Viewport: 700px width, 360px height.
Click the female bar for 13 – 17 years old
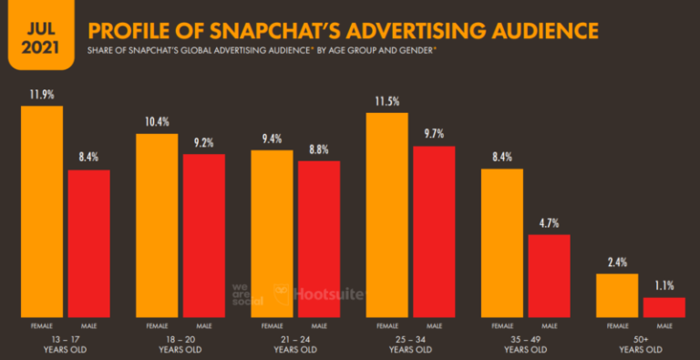click(42, 211)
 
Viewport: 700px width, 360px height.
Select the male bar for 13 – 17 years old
click(88, 242)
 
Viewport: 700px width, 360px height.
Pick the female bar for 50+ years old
click(617, 294)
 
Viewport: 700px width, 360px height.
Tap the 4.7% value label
click(549, 221)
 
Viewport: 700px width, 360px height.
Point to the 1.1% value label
click(664, 283)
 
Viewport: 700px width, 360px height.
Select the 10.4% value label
click(157, 120)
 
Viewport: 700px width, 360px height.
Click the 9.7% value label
click(434, 132)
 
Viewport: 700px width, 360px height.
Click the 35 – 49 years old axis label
click(526, 343)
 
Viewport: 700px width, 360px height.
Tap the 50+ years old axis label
click(641, 343)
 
